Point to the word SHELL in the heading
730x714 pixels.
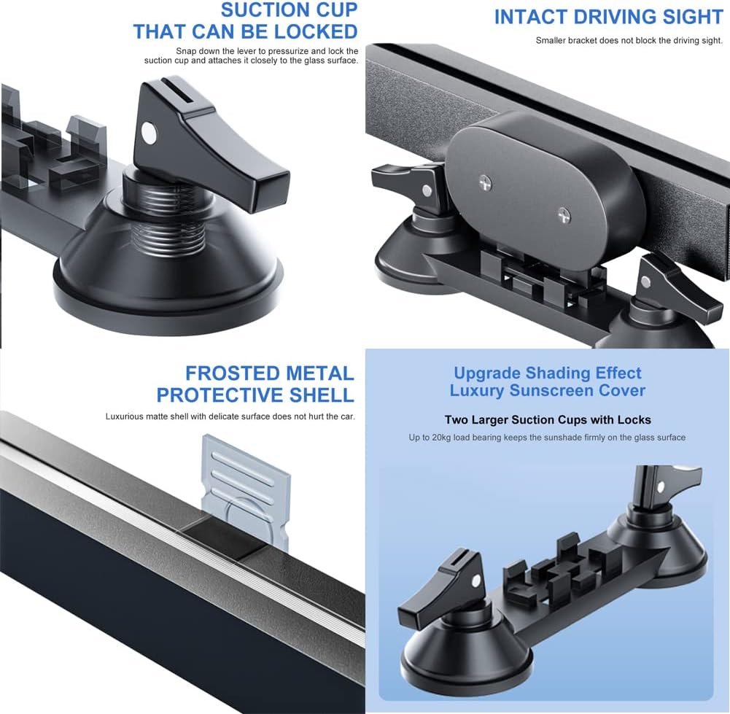click(322, 395)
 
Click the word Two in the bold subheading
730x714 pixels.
click(457, 420)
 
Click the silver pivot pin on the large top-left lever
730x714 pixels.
click(149, 132)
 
